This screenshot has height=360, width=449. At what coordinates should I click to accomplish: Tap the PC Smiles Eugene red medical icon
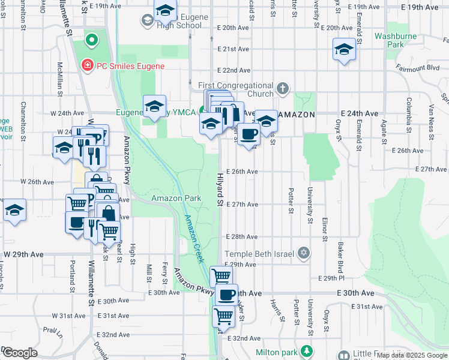coord(87,65)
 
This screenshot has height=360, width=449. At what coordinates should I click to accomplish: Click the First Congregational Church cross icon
coord(283,91)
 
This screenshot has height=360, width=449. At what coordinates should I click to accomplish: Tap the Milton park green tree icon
coord(307,351)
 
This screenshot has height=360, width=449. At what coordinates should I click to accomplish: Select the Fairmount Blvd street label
coord(417,68)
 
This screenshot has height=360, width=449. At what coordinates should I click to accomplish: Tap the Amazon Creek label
coord(194,239)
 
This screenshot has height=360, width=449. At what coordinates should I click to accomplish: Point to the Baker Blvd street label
coord(340,255)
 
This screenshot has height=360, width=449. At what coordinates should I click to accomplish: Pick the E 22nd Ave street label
coord(234,70)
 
